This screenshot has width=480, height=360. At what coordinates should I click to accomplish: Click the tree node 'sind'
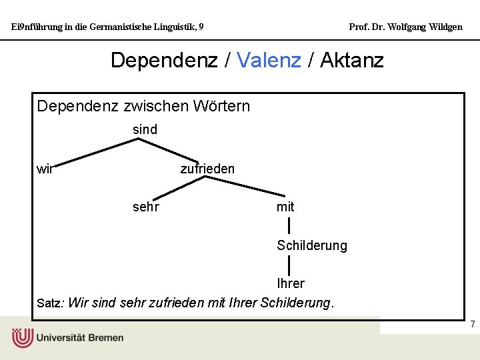pyautogui.click(x=145, y=129)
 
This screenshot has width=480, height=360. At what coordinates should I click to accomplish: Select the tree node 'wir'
pyautogui.click(x=45, y=169)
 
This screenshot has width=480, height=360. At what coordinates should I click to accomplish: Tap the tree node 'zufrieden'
pyautogui.click(x=207, y=169)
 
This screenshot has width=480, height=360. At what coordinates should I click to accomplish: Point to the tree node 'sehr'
pyautogui.click(x=146, y=207)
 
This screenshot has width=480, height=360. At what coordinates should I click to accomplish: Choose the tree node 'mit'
pyautogui.click(x=285, y=207)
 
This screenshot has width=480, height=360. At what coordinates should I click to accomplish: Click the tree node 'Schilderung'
pyautogui.click(x=312, y=245)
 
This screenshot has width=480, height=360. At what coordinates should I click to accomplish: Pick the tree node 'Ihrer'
pyautogui.click(x=291, y=283)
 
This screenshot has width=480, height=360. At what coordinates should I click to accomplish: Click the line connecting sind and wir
pyautogui.click(x=93, y=152)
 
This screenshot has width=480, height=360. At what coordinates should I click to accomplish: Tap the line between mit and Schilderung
pyautogui.click(x=288, y=226)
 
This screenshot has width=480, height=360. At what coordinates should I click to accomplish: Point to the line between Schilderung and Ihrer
pyautogui.click(x=288, y=265)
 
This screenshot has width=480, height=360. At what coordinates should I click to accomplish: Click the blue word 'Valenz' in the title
pyautogui.click(x=269, y=60)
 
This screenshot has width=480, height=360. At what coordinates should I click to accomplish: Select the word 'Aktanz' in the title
pyautogui.click(x=351, y=60)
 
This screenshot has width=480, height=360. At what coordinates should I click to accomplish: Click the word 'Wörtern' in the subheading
pyautogui.click(x=221, y=106)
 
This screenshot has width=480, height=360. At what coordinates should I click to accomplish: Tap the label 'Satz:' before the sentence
pyautogui.click(x=50, y=303)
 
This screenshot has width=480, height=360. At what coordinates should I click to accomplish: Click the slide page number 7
pyautogui.click(x=472, y=325)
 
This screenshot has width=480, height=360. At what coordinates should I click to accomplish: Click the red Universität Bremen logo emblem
pyautogui.click(x=22, y=337)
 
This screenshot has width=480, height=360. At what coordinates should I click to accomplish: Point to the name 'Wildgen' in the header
pyautogui.click(x=445, y=27)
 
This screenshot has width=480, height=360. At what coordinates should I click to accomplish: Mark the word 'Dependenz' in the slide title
pyautogui.click(x=164, y=60)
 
